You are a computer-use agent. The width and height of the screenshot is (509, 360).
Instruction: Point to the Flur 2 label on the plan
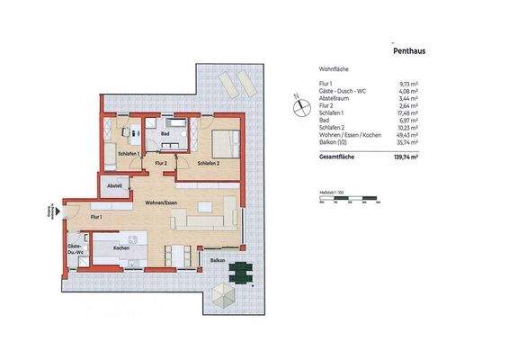(160, 164)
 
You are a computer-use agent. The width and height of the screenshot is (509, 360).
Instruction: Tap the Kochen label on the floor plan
(121, 247)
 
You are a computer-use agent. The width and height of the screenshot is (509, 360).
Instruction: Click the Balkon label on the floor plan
(218, 259)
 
